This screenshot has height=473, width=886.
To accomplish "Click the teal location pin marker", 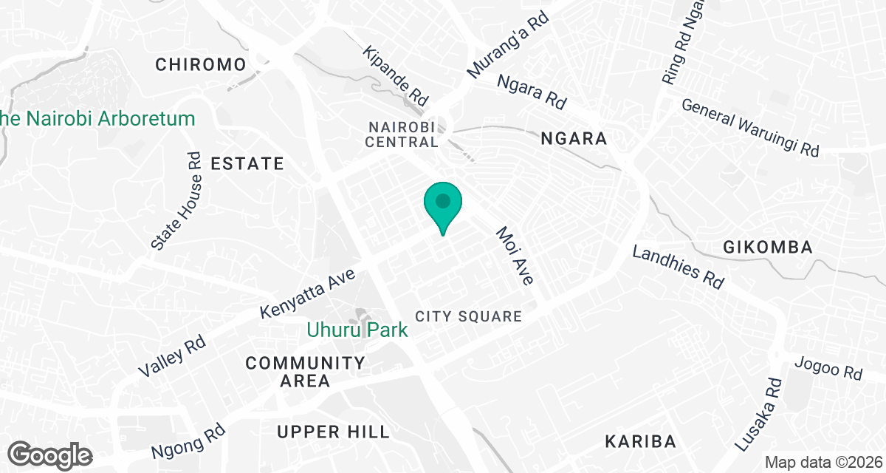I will pyautogui.click(x=443, y=205).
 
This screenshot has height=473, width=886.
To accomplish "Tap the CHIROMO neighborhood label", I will pyautogui.click(x=200, y=64).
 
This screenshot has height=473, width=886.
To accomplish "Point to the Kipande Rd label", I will pyautogui.click(x=396, y=75).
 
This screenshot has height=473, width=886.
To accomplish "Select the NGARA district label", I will pyautogui.click(x=574, y=138).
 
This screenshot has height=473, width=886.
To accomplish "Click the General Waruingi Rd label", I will pyautogui.click(x=750, y=127).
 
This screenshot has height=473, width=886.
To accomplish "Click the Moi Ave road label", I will pyautogui.click(x=515, y=256).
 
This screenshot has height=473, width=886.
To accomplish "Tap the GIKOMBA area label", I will pyautogui.click(x=768, y=247).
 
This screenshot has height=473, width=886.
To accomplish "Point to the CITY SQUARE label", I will pyautogui.click(x=468, y=316).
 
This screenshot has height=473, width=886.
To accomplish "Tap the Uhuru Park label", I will pyautogui.click(x=357, y=330).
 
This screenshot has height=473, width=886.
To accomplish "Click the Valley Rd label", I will pyautogui.click(x=171, y=357).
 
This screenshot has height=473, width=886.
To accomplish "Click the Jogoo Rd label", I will pyautogui.click(x=828, y=367).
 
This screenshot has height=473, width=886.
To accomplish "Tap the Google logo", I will pyautogui.click(x=50, y=455).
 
